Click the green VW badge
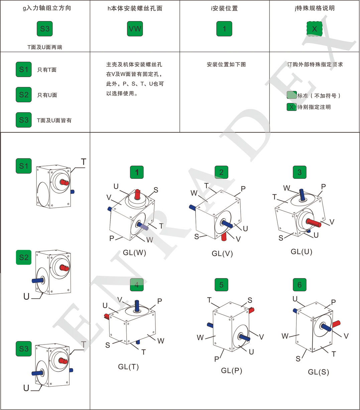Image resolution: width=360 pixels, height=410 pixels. (x=135, y=29)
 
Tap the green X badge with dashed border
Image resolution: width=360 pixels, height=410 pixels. (x=314, y=29)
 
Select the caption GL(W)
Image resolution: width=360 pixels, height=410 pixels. (x=134, y=253)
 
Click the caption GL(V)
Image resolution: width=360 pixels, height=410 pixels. (x=222, y=254)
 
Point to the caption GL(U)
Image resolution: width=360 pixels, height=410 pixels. (x=302, y=252)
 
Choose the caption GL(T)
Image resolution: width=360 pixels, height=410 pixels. (x=128, y=367)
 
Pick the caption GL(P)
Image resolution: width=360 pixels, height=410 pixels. (x=232, y=370)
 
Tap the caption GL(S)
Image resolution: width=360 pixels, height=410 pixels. (x=319, y=372)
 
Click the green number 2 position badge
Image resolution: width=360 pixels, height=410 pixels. (x=221, y=172)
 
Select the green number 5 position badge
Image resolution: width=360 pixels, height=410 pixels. (x=221, y=285)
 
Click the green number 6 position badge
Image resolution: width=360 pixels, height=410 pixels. (x=299, y=285)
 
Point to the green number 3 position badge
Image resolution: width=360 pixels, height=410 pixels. (x=299, y=172)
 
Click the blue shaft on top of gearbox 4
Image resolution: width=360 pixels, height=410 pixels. (x=137, y=305)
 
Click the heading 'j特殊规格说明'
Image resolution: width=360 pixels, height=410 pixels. (x=315, y=8)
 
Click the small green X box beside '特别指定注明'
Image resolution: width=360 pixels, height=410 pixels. (x=291, y=107)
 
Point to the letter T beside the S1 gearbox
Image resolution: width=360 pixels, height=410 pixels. (x=83, y=162)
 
